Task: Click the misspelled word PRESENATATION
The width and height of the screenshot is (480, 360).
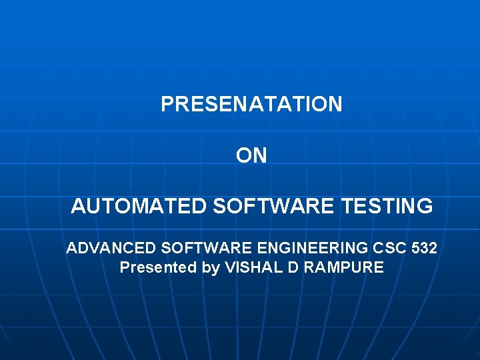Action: coord(251,104)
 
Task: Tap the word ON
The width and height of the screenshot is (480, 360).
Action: coord(251,155)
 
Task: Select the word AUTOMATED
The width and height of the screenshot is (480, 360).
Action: coord(139,207)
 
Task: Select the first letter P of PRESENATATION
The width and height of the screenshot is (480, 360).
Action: coord(167,104)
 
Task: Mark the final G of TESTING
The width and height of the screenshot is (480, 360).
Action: coord(425,207)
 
